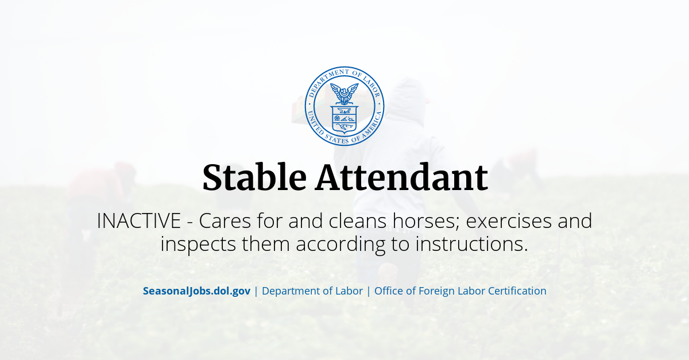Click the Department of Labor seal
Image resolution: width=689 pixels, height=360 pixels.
point(344,106)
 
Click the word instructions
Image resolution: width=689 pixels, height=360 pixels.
point(471,244)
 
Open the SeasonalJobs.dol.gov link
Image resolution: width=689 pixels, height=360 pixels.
point(196,291)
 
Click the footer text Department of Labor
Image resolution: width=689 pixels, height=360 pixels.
point(312,291)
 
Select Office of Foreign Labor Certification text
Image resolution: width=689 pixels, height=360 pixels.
point(460,291)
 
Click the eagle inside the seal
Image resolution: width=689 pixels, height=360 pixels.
point(344,92)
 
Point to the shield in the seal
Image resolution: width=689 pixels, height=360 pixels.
point(344,118)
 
